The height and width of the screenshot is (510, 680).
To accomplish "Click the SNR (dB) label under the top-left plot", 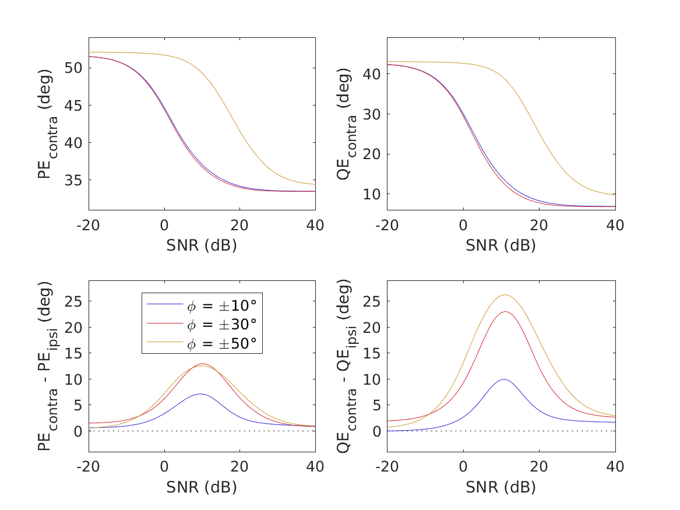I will click(202, 246).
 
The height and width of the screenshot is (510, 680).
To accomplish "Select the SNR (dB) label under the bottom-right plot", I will click(501, 487).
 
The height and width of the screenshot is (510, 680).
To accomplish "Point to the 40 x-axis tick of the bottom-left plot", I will click(315, 466).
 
